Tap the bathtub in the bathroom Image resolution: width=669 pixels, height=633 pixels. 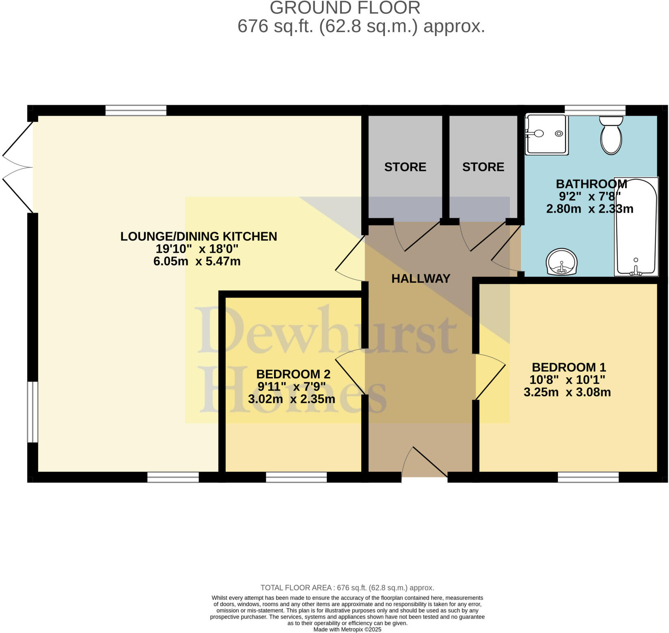point(636,227)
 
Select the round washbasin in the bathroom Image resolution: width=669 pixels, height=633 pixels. point(562,262)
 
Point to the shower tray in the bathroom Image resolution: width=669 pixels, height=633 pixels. point(546,134)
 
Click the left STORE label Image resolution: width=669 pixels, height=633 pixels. point(405,167)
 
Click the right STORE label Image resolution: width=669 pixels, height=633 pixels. point(483,167)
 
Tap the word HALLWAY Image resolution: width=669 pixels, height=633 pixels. point(421,278)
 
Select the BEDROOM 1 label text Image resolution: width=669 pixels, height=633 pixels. point(568,367)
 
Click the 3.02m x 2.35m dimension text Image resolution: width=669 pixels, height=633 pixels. point(291,399)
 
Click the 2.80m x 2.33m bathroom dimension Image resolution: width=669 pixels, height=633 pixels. point(589,209)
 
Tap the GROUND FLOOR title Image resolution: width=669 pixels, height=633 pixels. point(345,8)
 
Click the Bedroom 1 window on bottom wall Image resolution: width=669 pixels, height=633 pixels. point(588,477)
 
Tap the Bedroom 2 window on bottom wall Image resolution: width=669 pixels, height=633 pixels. point(296,477)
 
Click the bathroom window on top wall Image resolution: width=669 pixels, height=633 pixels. point(595,110)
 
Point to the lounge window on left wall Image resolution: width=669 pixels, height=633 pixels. point(32,411)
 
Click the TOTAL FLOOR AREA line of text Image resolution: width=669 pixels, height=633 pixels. point(347,588)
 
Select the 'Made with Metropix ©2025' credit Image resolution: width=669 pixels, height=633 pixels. point(347,629)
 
